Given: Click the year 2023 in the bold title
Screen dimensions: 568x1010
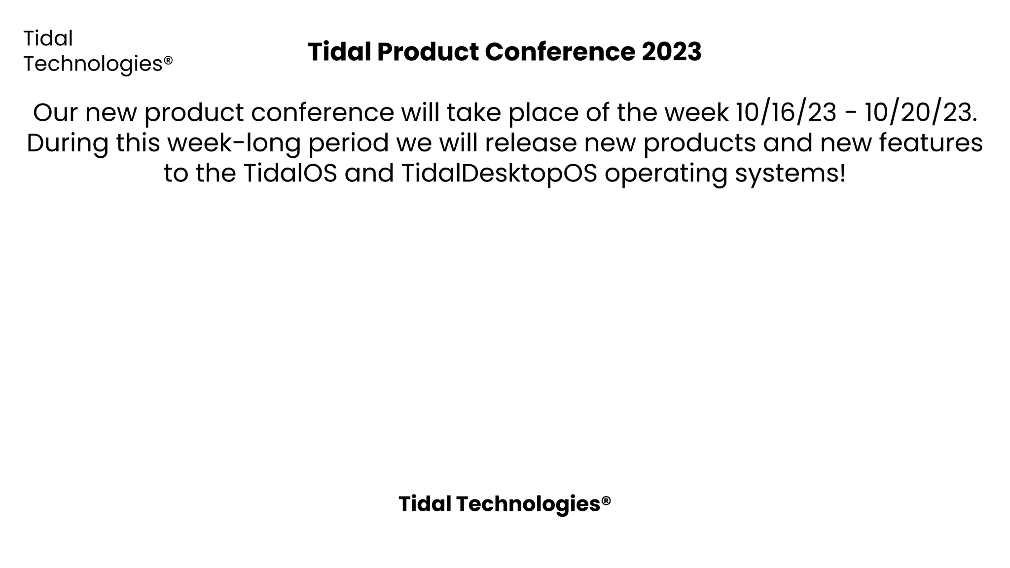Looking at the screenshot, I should coord(671,52).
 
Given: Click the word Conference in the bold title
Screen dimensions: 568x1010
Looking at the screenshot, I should coord(560,52).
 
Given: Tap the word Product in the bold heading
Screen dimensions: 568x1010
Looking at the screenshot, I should coord(428,52).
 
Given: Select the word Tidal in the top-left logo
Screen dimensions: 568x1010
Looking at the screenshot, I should coord(48,38).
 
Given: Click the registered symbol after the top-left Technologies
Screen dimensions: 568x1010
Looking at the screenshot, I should coord(168,60).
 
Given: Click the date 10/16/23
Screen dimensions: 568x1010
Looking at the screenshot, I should coord(786,112).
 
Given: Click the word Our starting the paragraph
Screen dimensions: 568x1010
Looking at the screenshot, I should coord(55,112).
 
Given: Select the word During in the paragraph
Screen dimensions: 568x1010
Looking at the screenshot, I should coord(68,143).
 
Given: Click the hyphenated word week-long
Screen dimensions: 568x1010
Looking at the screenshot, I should coord(234,144).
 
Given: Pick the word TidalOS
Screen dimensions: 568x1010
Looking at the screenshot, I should coord(290,173).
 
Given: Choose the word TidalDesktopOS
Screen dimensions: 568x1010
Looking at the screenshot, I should coord(499,174).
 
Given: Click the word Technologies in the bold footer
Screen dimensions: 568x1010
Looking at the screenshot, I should coord(528,504).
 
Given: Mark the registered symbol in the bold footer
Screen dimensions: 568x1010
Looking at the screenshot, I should coord(606,500).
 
